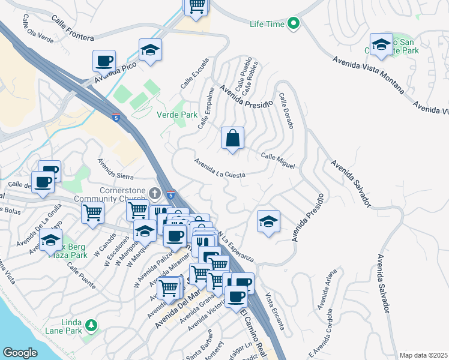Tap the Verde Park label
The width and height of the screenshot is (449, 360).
[x=172, y=114]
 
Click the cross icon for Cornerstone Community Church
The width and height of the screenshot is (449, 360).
[x=155, y=193]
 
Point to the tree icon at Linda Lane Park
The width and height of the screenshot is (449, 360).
[x=91, y=325]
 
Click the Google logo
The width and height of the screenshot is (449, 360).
[x=20, y=352]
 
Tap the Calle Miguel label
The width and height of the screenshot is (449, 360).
[x=278, y=160]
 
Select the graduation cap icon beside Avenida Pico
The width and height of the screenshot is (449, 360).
[x=150, y=50]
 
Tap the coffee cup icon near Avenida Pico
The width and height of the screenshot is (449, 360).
[x=104, y=61]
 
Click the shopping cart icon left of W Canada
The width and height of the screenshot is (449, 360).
[x=92, y=212]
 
